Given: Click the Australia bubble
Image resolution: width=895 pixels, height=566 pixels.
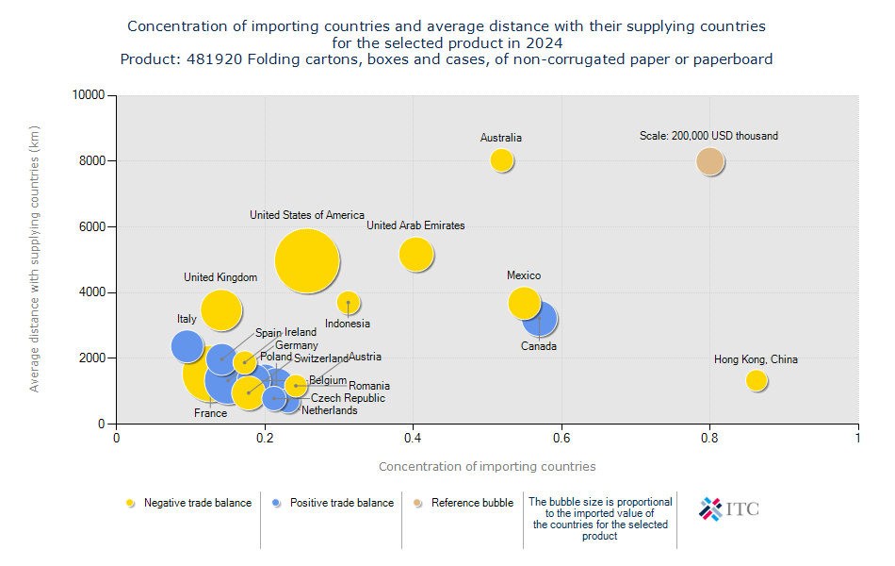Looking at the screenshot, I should [x=501, y=160].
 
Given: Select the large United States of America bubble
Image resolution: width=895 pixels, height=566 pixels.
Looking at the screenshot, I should [x=307, y=261].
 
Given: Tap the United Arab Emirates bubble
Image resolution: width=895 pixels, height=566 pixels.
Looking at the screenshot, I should [x=415, y=254].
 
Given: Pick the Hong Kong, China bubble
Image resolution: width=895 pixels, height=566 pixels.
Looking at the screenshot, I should [x=756, y=380].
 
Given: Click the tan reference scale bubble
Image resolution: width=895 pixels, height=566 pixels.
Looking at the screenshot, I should [x=709, y=161].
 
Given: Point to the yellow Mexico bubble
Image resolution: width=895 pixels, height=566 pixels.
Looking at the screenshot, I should [x=523, y=303].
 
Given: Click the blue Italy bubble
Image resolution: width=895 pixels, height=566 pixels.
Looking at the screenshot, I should [x=187, y=346].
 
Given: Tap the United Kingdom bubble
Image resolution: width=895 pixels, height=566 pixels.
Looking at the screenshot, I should [x=221, y=309].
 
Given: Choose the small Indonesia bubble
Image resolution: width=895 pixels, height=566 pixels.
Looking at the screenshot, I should [x=349, y=303].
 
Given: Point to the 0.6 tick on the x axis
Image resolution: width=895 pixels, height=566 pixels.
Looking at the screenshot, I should [x=561, y=438].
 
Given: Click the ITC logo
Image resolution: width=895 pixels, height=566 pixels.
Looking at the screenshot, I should [x=728, y=509].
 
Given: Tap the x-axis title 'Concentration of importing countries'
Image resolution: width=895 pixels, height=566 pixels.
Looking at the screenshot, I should [x=486, y=467].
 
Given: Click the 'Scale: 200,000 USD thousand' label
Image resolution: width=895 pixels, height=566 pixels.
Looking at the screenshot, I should [x=708, y=136].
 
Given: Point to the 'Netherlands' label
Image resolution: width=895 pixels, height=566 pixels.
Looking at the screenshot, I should [x=329, y=410].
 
